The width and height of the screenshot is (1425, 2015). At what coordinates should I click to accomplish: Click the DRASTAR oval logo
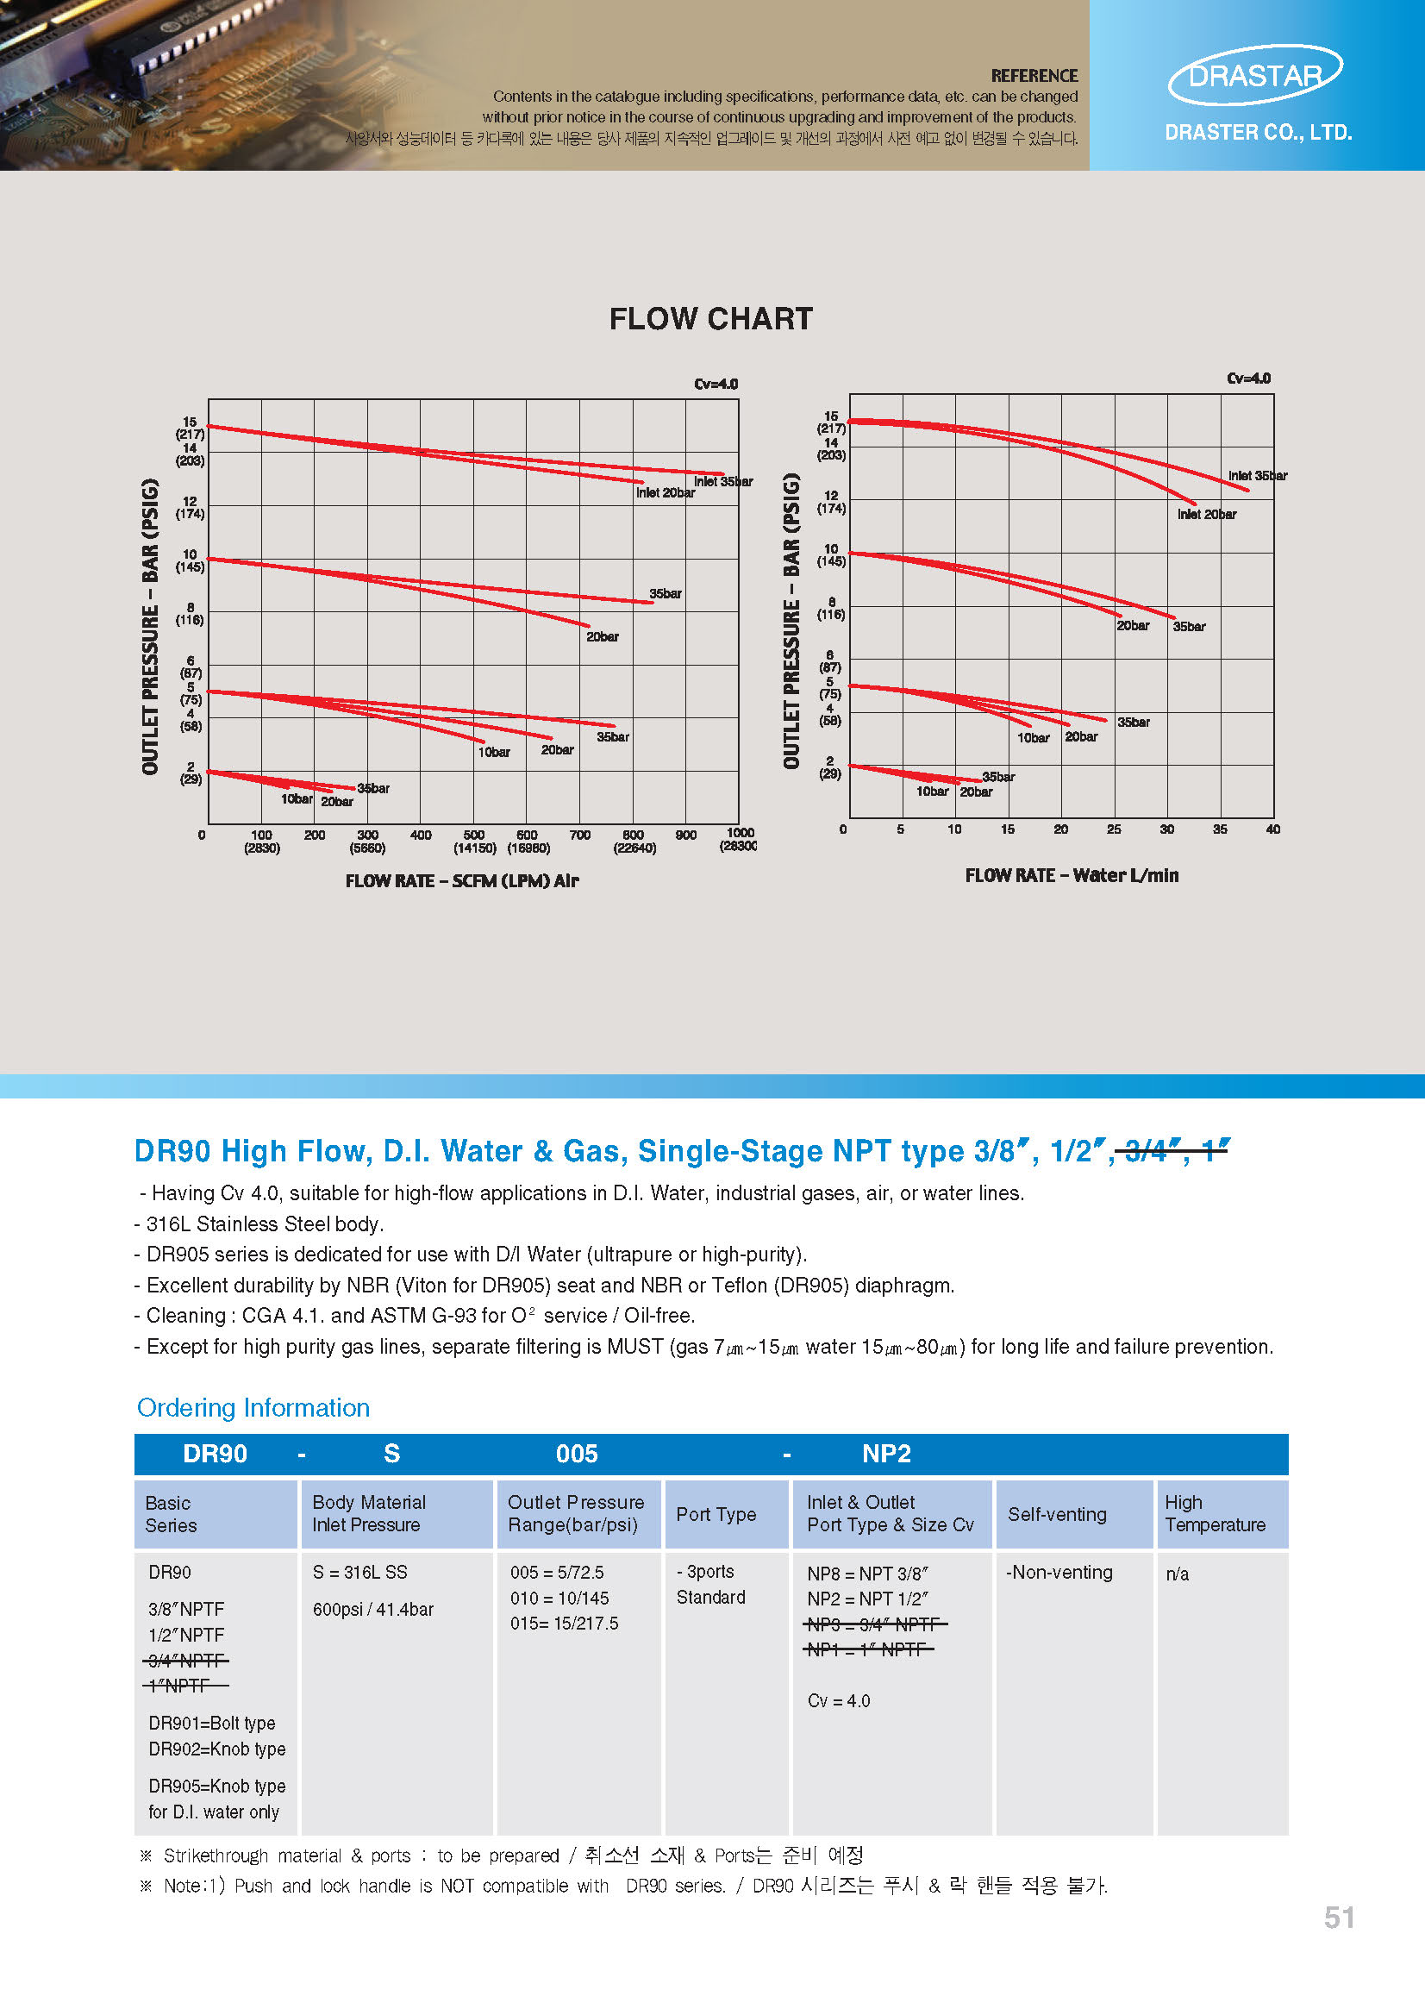coord(1255,76)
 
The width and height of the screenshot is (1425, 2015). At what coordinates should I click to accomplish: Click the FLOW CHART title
coord(710,318)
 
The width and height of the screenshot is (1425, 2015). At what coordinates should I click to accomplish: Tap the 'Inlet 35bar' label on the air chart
coord(723,481)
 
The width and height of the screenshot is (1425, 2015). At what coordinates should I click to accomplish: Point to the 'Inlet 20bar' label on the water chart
coord(1207,514)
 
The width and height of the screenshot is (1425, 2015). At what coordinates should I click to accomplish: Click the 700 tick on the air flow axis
coord(580,835)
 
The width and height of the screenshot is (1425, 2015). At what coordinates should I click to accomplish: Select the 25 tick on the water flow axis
coord(1114,829)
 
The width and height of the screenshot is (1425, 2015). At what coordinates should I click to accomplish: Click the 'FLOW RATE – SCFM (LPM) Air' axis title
coord(461,880)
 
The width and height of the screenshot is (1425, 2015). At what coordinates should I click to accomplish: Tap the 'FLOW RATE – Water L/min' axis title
coord(1072,875)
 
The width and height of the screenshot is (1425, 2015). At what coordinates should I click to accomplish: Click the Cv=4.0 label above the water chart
coord(1247,379)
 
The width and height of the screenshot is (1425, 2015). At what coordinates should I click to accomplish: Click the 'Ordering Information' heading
coord(253,1408)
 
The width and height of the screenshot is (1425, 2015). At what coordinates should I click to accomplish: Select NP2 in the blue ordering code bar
coord(886,1454)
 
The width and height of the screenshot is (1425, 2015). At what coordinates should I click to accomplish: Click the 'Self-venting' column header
coord(1057,1514)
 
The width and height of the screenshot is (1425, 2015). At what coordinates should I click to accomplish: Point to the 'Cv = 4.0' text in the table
coord(838,1701)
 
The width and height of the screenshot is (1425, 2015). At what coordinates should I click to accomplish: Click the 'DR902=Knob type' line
coord(216,1749)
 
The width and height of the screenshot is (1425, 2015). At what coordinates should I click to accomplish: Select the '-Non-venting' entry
coord(1059,1572)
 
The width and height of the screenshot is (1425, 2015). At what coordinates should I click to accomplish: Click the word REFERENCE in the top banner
coord(1034,76)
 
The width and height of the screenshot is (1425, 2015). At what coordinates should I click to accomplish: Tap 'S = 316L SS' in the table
coord(359,1572)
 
